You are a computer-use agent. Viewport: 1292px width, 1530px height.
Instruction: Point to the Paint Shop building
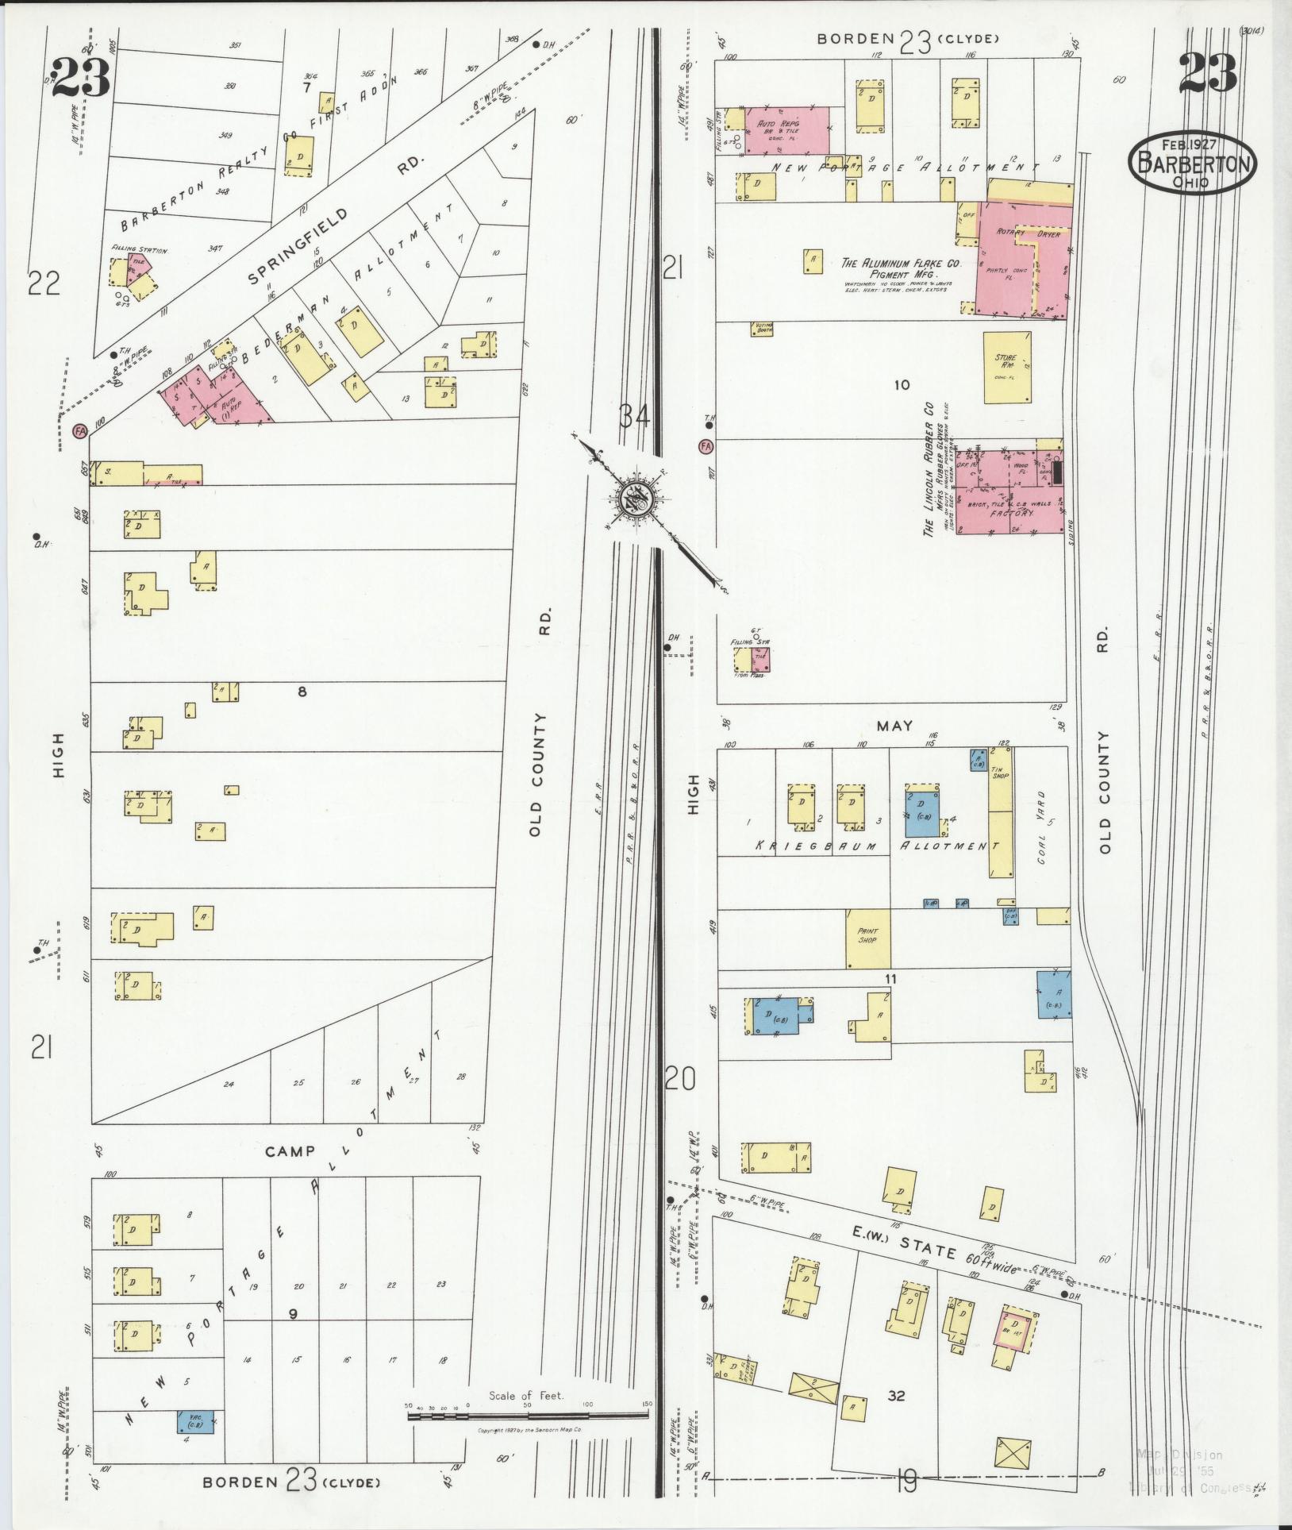pyautogui.click(x=867, y=938)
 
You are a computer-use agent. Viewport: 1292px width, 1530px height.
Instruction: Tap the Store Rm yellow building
pyautogui.click(x=1007, y=368)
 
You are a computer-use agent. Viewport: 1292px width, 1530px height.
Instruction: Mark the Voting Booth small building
pyautogui.click(x=761, y=328)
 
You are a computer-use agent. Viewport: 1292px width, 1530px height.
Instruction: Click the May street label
pyautogui.click(x=894, y=726)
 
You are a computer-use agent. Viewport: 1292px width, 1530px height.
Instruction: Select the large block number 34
pyautogui.click(x=634, y=415)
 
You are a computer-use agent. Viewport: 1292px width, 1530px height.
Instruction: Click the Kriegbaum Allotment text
pyautogui.click(x=873, y=846)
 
